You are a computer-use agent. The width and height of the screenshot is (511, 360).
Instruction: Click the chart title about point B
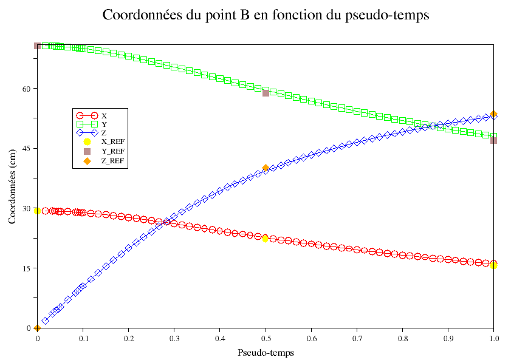[x=266, y=15]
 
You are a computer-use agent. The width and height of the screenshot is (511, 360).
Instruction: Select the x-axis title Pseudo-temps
[x=266, y=352]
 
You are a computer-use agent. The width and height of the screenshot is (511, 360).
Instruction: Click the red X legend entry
[x=104, y=115]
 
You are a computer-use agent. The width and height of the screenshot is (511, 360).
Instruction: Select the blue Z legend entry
[x=104, y=132]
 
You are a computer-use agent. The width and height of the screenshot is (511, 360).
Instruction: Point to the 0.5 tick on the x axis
[x=266, y=338]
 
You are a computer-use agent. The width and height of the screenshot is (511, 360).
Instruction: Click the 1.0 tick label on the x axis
[x=494, y=338]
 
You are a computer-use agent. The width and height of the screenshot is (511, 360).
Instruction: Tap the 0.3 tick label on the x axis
[x=174, y=338]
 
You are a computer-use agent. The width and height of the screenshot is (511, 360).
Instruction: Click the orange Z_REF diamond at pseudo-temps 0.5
[x=266, y=168]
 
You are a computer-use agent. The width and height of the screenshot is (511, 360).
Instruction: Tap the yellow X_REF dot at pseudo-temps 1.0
[x=493, y=265]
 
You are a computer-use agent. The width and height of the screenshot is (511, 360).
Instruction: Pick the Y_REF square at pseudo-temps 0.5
[x=266, y=93]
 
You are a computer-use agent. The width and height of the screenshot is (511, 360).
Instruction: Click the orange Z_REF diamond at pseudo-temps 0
[x=38, y=328]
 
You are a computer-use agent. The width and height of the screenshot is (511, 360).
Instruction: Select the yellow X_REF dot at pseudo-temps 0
[x=38, y=211]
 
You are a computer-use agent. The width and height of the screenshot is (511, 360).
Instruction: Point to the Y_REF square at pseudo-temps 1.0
[x=493, y=140]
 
